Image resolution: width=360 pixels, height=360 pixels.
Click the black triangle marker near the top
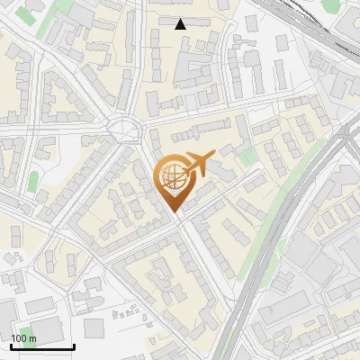181,24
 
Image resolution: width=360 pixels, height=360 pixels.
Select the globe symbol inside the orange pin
171,177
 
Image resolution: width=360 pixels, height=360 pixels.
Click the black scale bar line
42,346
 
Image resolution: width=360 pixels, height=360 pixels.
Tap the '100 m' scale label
23,338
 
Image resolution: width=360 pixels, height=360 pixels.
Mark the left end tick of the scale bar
11,345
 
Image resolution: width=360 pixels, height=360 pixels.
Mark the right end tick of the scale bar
74,345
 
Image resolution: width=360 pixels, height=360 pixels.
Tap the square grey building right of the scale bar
95,328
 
